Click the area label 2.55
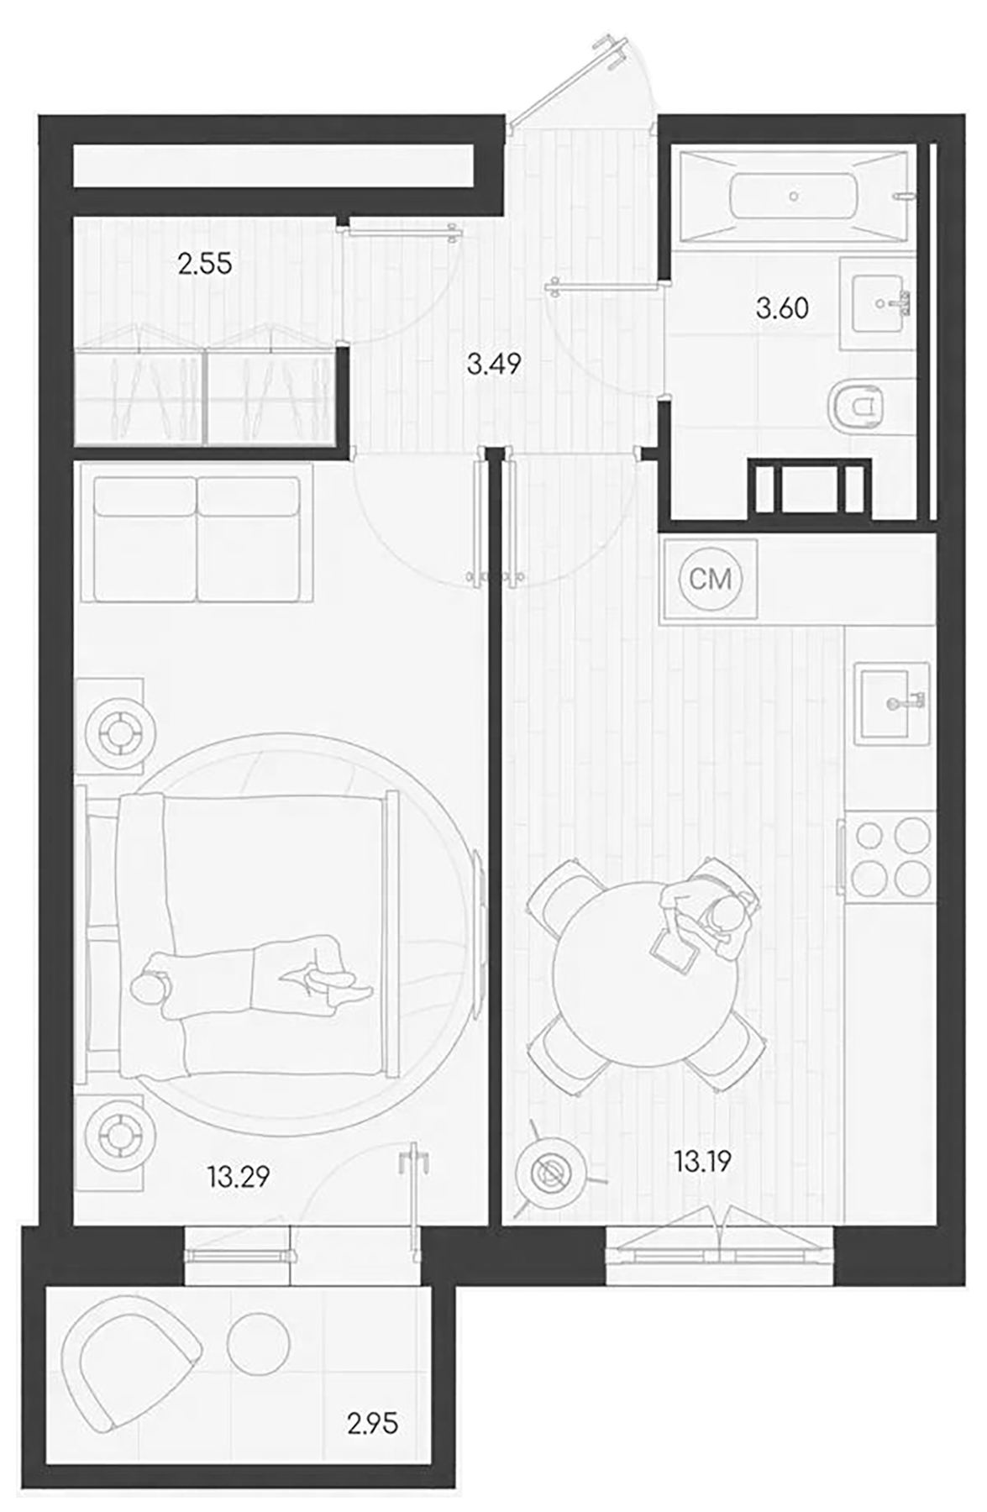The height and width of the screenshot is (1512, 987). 204,265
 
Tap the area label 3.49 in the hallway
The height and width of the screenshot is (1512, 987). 494,365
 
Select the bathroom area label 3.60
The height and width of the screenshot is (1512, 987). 782,308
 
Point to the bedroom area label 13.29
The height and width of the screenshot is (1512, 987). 239,1177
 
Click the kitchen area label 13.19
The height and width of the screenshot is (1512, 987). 701,1162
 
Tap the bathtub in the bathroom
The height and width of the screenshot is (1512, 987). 793,197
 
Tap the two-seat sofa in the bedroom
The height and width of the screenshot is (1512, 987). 197,538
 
